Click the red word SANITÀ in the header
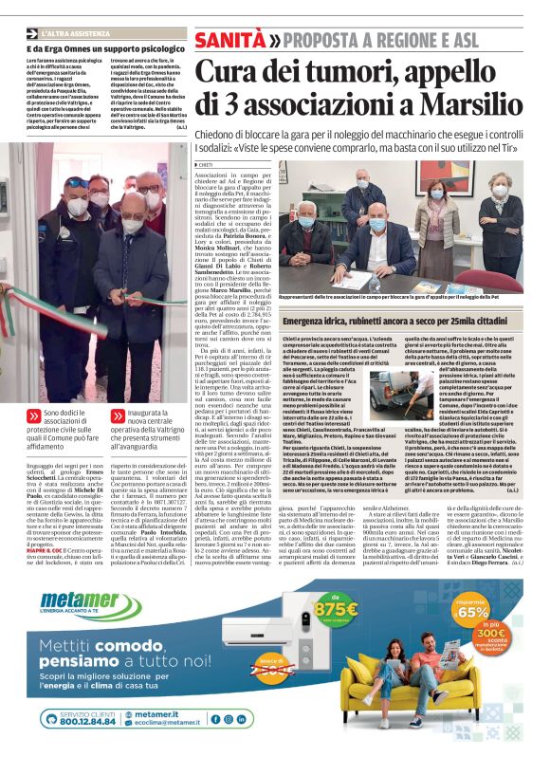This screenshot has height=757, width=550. coord(229,41)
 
